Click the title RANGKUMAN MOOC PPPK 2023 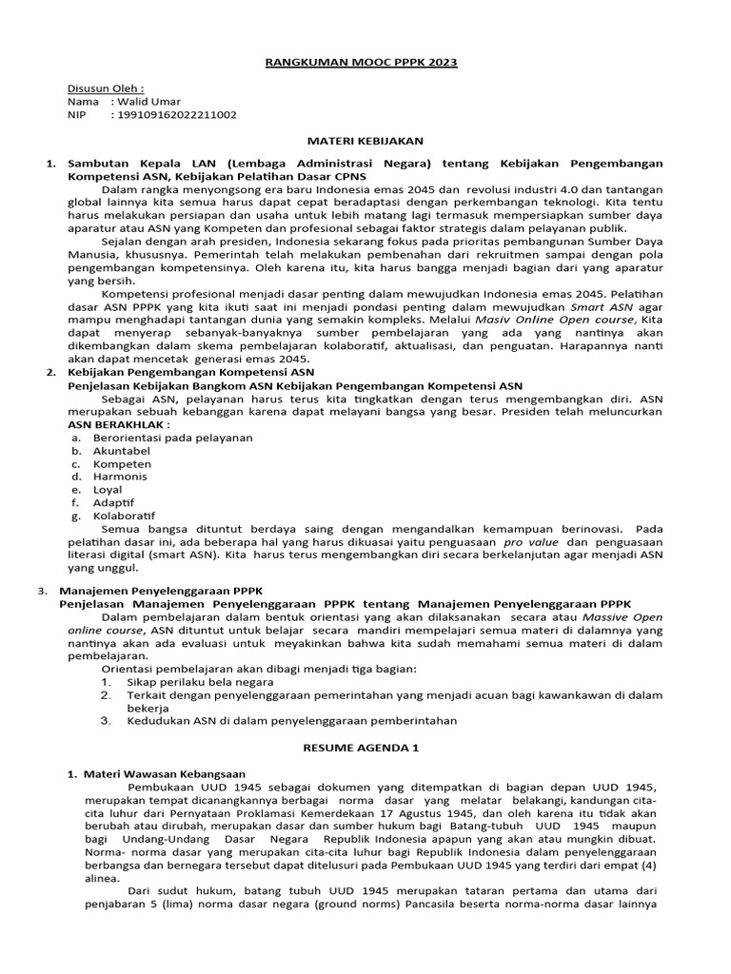(361, 63)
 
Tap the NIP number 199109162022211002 (176, 115)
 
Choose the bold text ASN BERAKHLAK (119, 424)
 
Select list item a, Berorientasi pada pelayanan (159, 438)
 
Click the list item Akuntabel (121, 451)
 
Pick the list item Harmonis (120, 477)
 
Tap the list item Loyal (108, 490)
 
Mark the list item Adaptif (113, 502)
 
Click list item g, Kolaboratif (124, 516)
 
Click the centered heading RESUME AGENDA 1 (361, 748)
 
